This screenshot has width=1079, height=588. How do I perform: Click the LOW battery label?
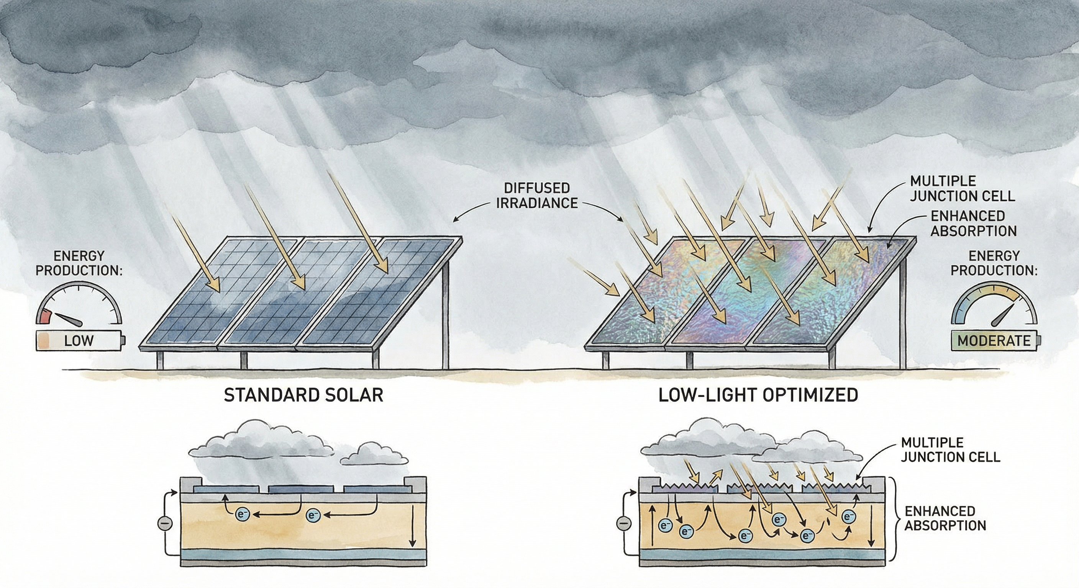79,341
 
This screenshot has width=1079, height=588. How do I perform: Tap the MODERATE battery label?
994,341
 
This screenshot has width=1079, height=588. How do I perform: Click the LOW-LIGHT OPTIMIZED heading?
758,395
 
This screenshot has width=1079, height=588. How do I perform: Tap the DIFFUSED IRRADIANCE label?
537,196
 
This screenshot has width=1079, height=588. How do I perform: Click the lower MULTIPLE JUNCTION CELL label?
950,449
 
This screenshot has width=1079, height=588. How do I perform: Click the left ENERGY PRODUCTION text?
79,263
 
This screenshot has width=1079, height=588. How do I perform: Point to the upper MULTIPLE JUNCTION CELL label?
962,188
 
